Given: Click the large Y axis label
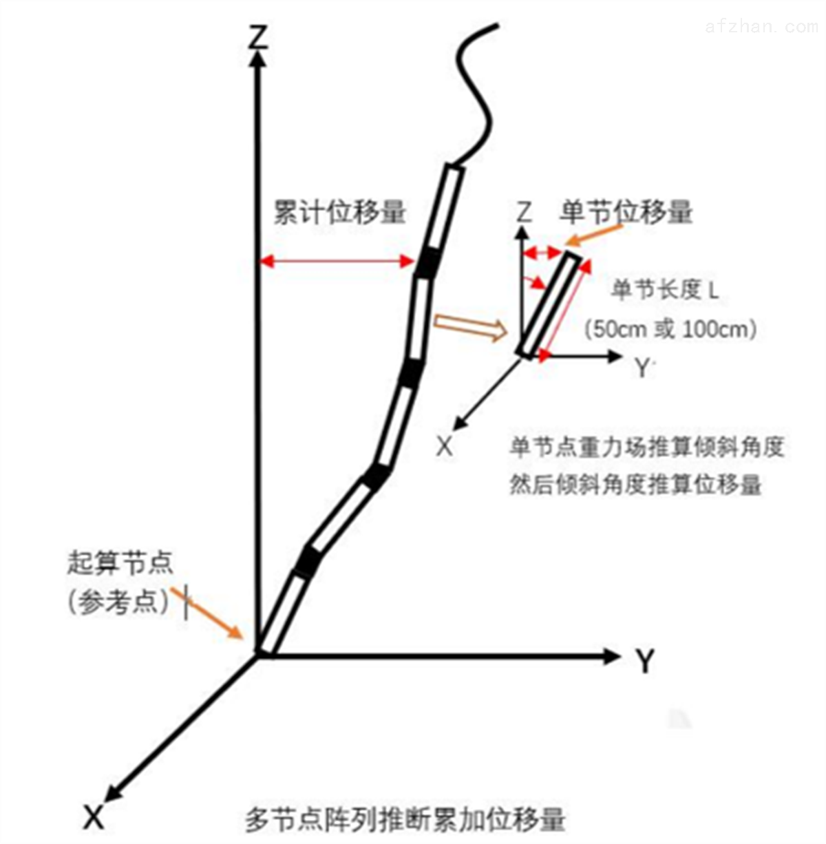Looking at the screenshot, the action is click(x=645, y=660).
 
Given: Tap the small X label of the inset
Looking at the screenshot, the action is click(x=445, y=447).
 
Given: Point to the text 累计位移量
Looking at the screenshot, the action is click(x=340, y=213).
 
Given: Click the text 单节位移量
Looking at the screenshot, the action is click(x=626, y=212).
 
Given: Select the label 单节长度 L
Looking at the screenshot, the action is click(x=665, y=290).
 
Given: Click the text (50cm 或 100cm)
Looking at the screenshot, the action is click(x=670, y=329).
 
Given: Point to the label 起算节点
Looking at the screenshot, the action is click(x=120, y=562).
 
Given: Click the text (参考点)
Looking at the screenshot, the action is click(x=118, y=602).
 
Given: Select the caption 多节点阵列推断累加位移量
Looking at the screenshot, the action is click(x=405, y=819).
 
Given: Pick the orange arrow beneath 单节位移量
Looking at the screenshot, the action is click(x=594, y=235).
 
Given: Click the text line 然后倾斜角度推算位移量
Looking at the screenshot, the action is click(x=635, y=485).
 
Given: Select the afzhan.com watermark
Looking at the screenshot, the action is click(x=761, y=27).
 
